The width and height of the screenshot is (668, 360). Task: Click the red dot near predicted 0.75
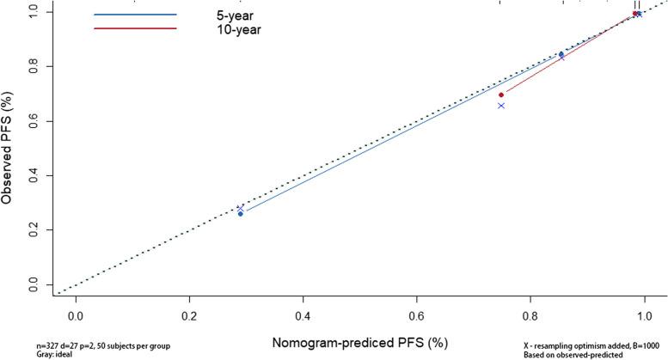[x=501, y=95]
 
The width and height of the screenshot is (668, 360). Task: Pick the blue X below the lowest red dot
[x=501, y=106]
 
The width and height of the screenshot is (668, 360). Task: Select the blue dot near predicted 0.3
[x=240, y=213]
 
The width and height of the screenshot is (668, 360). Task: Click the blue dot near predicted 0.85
[x=561, y=54]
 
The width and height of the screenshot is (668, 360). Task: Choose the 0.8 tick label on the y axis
[x=33, y=66]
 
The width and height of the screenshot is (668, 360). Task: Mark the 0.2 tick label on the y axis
[x=33, y=230]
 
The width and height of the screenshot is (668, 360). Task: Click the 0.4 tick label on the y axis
[x=33, y=175]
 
